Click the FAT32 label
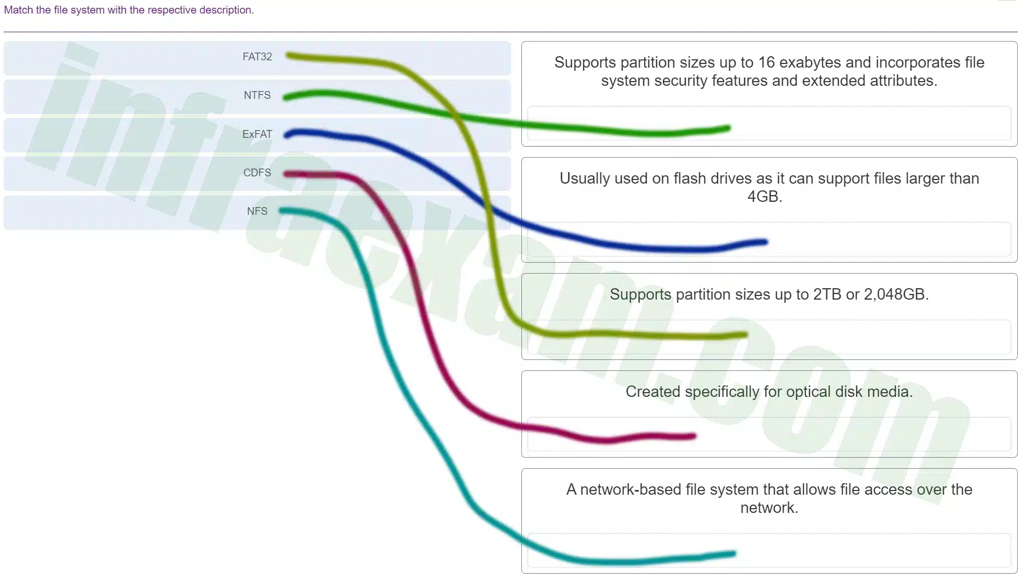(257, 57)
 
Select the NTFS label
(257, 95)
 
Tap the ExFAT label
(257, 134)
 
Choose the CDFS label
(257, 173)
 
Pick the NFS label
(257, 211)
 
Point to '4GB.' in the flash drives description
(764, 197)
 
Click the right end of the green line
(729, 127)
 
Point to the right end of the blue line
(765, 241)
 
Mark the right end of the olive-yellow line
(745, 335)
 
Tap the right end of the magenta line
(694, 436)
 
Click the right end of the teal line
(734, 553)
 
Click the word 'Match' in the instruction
(18, 10)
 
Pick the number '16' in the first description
(766, 62)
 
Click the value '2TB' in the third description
(827, 294)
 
